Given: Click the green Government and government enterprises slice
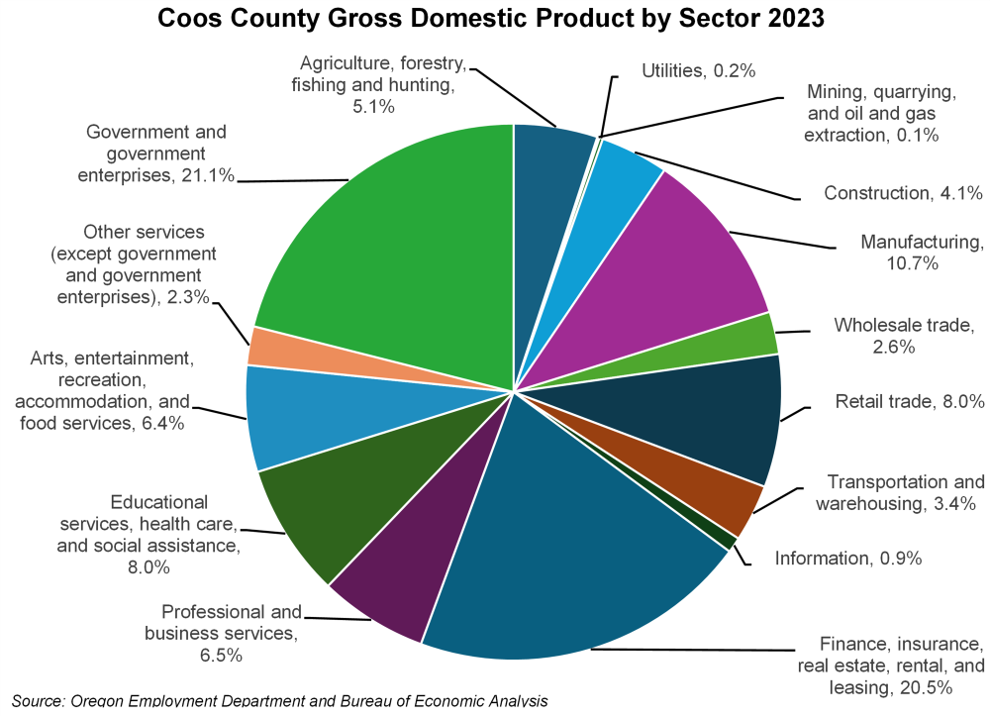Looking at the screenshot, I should point(396,248).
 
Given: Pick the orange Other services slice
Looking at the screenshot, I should point(265,347).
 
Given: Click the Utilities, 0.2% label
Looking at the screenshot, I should point(699,70).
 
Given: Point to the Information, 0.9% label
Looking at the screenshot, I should point(848,559).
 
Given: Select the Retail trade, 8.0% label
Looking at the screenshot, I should point(910,402).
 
